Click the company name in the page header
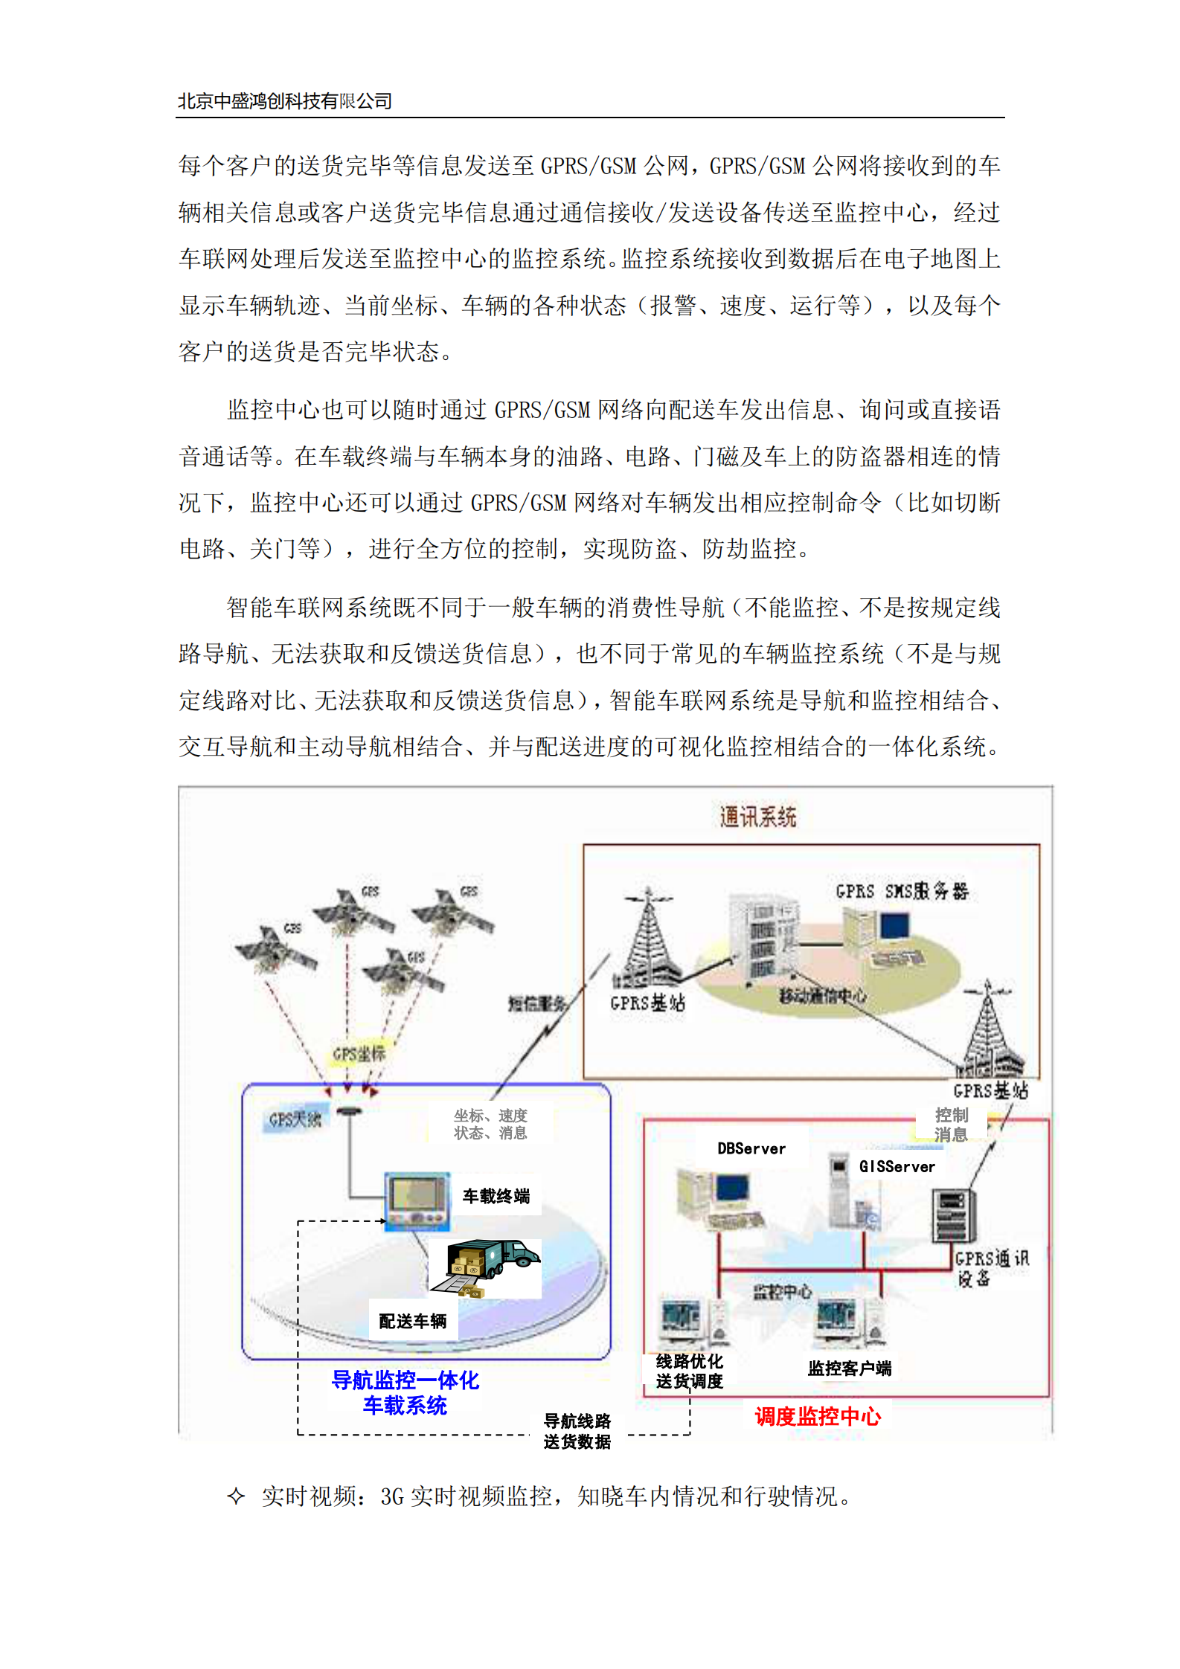pyautogui.click(x=284, y=101)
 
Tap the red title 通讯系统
pyautogui.click(x=757, y=817)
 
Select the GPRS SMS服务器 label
pyautogui.click(x=902, y=890)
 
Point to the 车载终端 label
pyautogui.click(x=496, y=1196)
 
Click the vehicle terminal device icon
pyautogui.click(x=417, y=1200)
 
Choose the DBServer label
pyautogui.click(x=751, y=1148)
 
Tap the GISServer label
pyautogui.click(x=897, y=1166)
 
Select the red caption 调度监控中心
pyautogui.click(x=818, y=1417)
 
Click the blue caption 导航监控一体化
pyautogui.click(x=405, y=1380)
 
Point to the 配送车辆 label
pyautogui.click(x=413, y=1321)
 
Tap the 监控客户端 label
pyautogui.click(x=850, y=1368)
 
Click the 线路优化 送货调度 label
pyautogui.click(x=689, y=1371)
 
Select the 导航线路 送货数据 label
pyautogui.click(x=577, y=1431)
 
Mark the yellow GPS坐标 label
pyautogui.click(x=359, y=1054)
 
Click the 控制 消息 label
pyautogui.click(x=952, y=1124)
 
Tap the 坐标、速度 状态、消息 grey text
pyautogui.click(x=490, y=1124)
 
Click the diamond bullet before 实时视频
pyautogui.click(x=236, y=1496)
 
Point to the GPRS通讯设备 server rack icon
pyautogui.click(x=952, y=1215)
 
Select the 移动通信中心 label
pyautogui.click(x=822, y=995)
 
